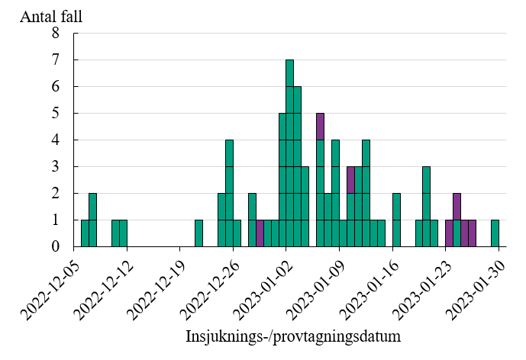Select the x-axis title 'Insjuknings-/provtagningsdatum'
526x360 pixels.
pos(293,336)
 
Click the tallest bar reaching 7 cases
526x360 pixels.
pos(290,153)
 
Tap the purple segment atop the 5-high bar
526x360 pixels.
pos(321,126)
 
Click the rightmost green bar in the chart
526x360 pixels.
pos(495,233)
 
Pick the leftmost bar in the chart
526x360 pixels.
pos(85,233)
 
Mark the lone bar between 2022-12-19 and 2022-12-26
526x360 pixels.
pos(198,233)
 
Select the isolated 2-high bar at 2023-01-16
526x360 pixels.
pos(396,220)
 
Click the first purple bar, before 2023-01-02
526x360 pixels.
pos(260,233)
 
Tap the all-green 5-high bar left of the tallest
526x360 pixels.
pos(282,179)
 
